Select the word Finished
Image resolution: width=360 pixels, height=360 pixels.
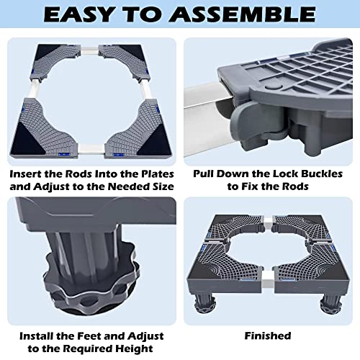coord(268,336)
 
